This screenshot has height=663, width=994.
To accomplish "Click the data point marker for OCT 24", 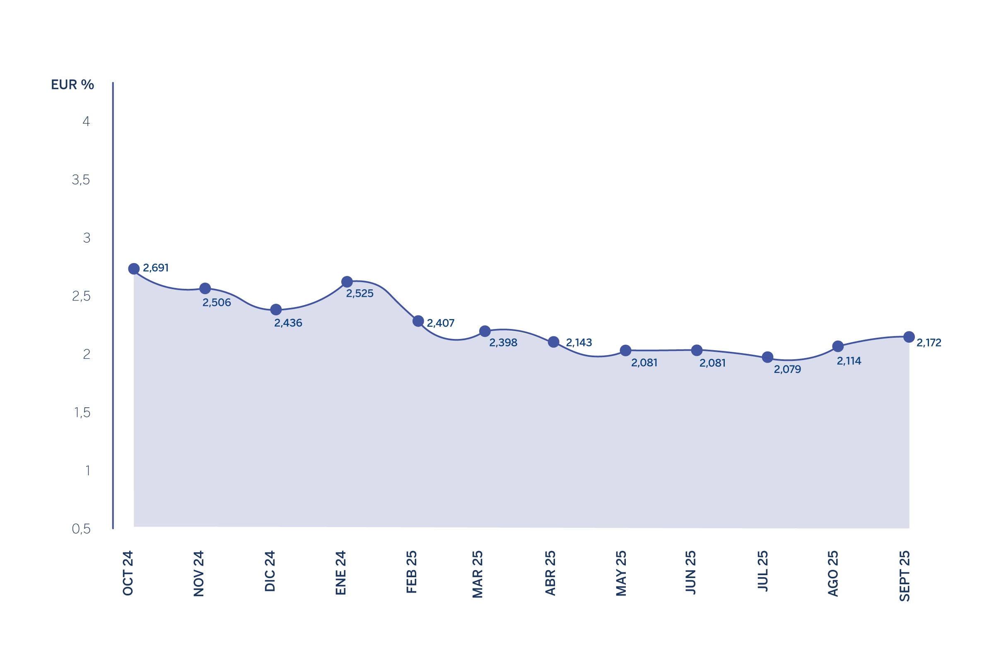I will (x=134, y=269).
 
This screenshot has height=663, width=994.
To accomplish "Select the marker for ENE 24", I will (x=347, y=282).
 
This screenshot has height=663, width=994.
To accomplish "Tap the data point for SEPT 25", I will (x=909, y=337).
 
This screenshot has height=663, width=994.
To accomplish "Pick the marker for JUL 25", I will (x=767, y=357).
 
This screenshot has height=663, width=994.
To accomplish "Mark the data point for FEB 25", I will (x=418, y=322).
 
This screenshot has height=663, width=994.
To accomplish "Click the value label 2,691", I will (x=156, y=268).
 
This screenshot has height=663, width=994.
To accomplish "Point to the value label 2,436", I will (x=288, y=323).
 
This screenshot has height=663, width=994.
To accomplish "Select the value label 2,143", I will (x=579, y=343).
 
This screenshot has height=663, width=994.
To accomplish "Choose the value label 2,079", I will (x=787, y=370).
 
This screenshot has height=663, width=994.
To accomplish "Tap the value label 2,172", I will (x=929, y=343).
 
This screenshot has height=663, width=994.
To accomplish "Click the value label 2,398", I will (x=503, y=343).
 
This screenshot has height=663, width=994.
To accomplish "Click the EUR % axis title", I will (x=72, y=85).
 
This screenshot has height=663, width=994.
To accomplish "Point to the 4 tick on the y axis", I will (x=86, y=122).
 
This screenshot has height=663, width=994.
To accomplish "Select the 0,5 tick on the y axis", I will (x=81, y=529).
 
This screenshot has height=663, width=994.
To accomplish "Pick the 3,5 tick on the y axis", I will (x=81, y=180).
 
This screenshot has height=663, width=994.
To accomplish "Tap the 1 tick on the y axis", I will (x=87, y=471).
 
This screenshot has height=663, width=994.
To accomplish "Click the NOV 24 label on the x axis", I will (x=199, y=573).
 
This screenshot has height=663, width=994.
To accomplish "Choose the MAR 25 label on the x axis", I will (x=478, y=574).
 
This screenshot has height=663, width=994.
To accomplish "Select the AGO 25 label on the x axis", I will (x=832, y=573).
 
